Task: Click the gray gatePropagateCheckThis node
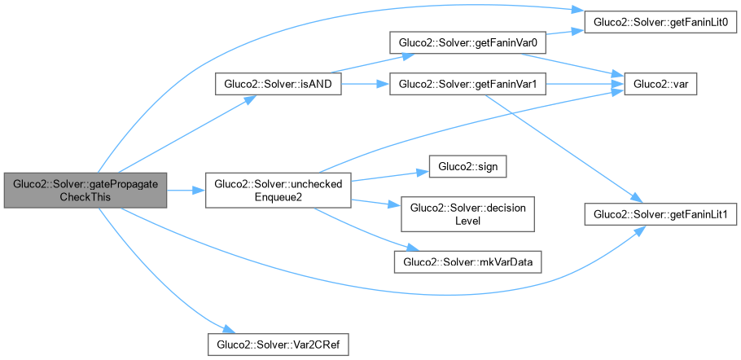pyautogui.click(x=85, y=191)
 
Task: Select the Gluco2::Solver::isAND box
pyautogui.click(x=277, y=84)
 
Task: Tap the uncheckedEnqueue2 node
pyautogui.click(x=278, y=191)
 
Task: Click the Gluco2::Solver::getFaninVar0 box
pyautogui.click(x=467, y=42)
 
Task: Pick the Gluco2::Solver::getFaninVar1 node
pyautogui.click(x=467, y=84)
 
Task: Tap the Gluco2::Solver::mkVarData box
pyautogui.click(x=467, y=261)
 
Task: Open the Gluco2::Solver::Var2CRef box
pyautogui.click(x=278, y=345)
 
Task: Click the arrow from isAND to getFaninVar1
pyautogui.click(x=365, y=84)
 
